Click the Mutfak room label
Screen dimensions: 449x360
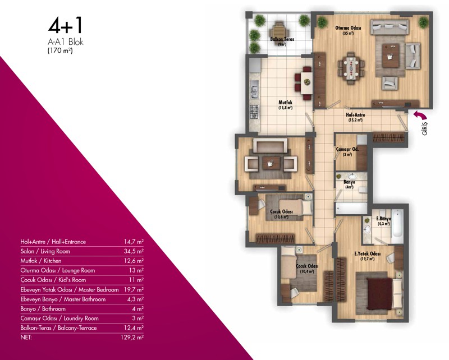click(285, 102)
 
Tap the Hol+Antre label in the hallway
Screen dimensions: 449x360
click(355, 115)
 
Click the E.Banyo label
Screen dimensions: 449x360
click(383, 219)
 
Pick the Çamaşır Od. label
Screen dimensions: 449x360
click(347, 149)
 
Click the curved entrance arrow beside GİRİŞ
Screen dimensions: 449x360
click(420, 115)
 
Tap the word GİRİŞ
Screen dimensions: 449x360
click(424, 128)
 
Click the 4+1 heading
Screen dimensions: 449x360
click(65, 25)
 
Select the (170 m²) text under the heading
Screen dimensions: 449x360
click(60, 50)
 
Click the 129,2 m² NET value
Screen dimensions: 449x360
click(132, 338)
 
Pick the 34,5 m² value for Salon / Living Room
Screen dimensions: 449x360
click(134, 251)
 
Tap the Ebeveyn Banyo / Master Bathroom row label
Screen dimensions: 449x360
click(63, 299)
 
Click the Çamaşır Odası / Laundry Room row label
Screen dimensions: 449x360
click(59, 318)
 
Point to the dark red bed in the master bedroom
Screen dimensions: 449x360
click(380, 294)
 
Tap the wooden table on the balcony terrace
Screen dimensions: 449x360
click(278, 30)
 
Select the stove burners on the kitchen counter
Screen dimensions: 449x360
click(254, 112)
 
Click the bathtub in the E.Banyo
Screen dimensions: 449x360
click(397, 223)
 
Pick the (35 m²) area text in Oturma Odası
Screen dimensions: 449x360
click(348, 33)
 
